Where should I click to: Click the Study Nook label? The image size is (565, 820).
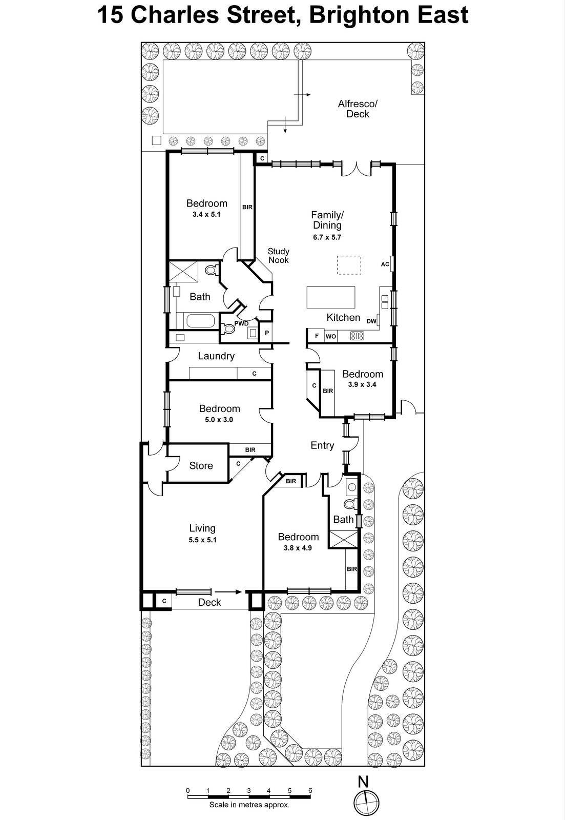pyautogui.click(x=279, y=256)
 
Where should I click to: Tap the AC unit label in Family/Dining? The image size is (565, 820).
pyautogui.click(x=385, y=264)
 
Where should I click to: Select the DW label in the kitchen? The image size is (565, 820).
pyautogui.click(x=371, y=321)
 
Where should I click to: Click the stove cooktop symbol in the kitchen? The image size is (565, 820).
pyautogui.click(x=357, y=336)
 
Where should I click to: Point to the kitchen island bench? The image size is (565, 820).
pyautogui.click(x=331, y=297)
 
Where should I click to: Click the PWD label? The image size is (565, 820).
pyautogui.click(x=241, y=323)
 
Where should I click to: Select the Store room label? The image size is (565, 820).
pyautogui.click(x=201, y=466)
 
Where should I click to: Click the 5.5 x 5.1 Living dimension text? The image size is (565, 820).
pyautogui.click(x=202, y=540)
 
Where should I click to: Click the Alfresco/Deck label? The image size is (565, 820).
pyautogui.click(x=358, y=109)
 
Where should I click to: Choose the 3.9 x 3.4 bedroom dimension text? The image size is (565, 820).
pyautogui.click(x=362, y=384)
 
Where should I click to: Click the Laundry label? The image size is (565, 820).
pyautogui.click(x=216, y=356)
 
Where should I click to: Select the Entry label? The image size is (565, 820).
pyautogui.click(x=322, y=445)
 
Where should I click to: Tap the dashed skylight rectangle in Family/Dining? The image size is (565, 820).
pyautogui.click(x=349, y=265)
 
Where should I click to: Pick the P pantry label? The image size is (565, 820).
pyautogui.click(x=266, y=333)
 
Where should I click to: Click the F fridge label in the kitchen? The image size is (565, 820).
pyautogui.click(x=317, y=336)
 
